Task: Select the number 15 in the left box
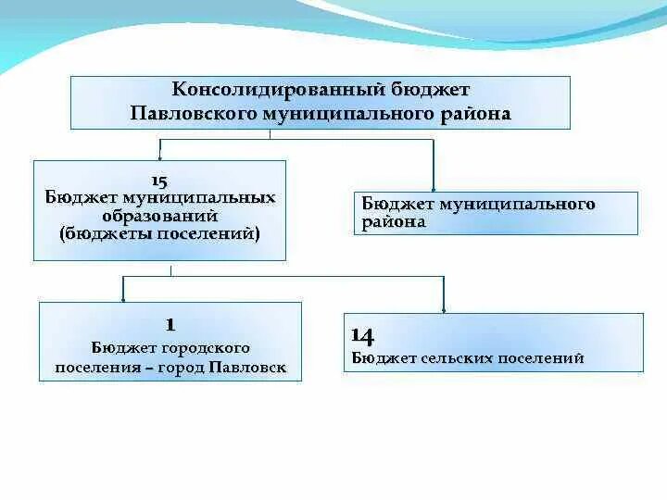pyautogui.click(x=158, y=181)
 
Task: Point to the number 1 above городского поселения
pyautogui.click(x=170, y=324)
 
